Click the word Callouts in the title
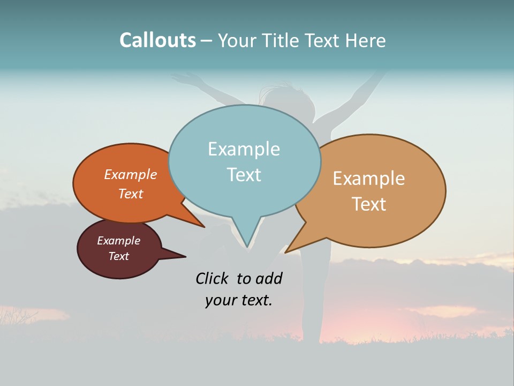(x=157, y=40)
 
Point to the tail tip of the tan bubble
(x=289, y=251)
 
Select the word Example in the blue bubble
(x=244, y=149)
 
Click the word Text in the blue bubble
(x=244, y=175)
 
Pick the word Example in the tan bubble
(x=369, y=178)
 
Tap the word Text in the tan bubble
(x=369, y=204)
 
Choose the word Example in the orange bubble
(x=131, y=174)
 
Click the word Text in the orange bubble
(x=131, y=194)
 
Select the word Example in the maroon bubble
(x=118, y=241)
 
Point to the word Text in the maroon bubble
(x=118, y=256)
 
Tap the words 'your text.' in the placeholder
(x=239, y=300)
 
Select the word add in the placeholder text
(x=269, y=278)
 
